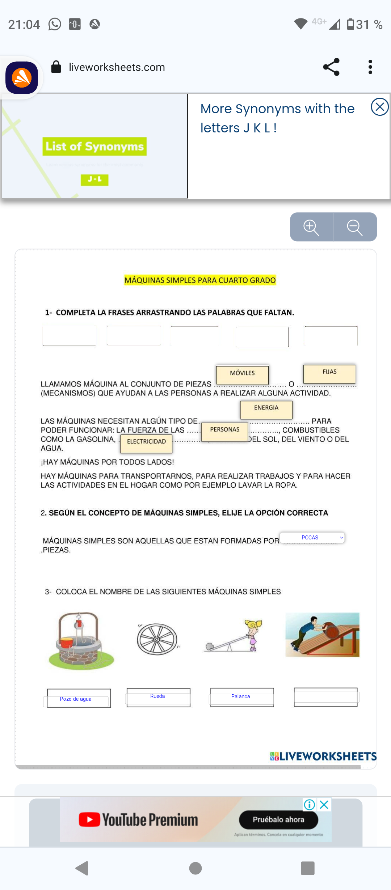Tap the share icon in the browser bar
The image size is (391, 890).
[331, 67]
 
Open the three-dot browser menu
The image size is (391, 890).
[370, 67]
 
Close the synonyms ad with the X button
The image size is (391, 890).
[379, 107]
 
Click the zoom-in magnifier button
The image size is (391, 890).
[311, 227]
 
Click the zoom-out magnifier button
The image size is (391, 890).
[355, 227]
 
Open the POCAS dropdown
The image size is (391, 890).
[312, 538]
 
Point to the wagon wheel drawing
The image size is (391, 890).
[157, 639]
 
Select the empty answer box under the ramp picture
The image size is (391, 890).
[325, 696]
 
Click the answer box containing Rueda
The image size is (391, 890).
[158, 697]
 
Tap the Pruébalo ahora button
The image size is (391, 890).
[278, 820]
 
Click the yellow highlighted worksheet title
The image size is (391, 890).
[200, 280]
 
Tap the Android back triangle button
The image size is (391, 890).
[82, 868]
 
